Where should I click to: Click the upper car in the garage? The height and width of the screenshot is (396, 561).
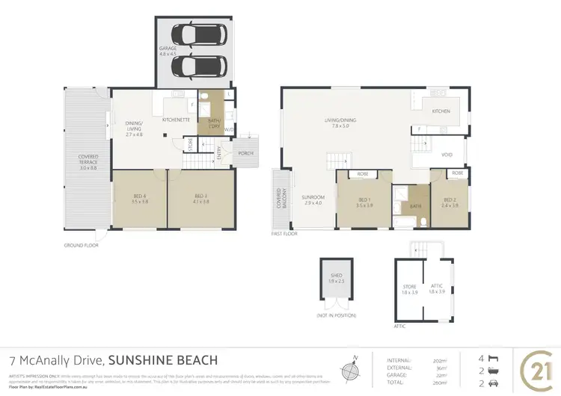(x=194, y=35)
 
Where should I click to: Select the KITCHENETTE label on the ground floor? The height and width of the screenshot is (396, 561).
(x=174, y=120)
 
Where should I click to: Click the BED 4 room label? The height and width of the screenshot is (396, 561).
(x=140, y=198)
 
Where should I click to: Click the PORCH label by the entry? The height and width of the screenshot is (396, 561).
(x=246, y=153)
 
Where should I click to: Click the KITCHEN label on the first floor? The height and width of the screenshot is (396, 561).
(x=441, y=111)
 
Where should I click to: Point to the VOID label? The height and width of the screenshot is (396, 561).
(x=447, y=155)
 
